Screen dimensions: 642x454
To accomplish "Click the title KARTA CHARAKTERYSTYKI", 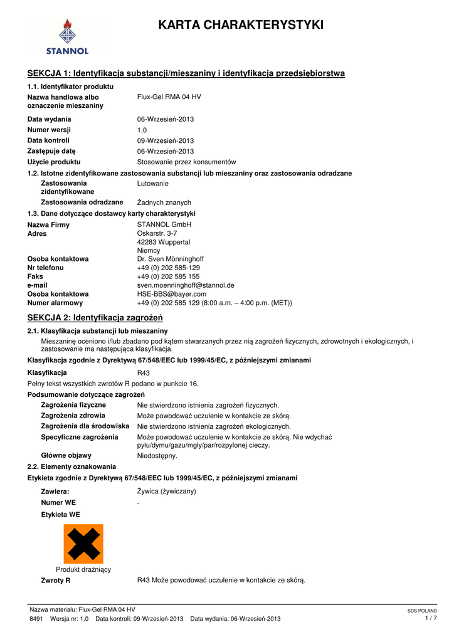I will (x=241, y=25).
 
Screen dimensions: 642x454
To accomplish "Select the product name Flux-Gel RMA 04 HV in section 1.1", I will (x=169, y=97).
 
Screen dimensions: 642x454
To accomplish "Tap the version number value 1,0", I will (x=142, y=130).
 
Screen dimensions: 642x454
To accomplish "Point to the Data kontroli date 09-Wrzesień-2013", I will (x=166, y=141).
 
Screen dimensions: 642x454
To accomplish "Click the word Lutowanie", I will (x=152, y=184).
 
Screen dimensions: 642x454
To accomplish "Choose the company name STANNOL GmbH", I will (x=164, y=224).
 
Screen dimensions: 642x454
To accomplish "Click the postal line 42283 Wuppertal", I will (x=164, y=242).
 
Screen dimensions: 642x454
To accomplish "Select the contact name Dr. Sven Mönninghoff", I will (x=170, y=259).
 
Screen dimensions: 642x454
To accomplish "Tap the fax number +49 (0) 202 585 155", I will (x=168, y=276).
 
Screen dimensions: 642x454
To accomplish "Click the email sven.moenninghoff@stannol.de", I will (x=186, y=285).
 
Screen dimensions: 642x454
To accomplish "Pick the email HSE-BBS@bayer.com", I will (x=171, y=294).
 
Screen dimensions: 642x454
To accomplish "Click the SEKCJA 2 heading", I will (x=95, y=317).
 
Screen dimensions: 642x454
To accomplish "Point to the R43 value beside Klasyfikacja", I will (x=144, y=372).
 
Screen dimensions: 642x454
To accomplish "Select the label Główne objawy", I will (x=66, y=456).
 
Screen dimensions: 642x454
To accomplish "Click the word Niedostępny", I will (x=157, y=456).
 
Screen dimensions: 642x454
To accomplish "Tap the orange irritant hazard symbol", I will (x=83, y=544).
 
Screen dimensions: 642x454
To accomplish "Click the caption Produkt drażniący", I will (x=83, y=569).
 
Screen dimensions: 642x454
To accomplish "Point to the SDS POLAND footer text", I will (x=422, y=611).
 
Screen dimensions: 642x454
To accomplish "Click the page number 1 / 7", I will (x=430, y=619).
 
